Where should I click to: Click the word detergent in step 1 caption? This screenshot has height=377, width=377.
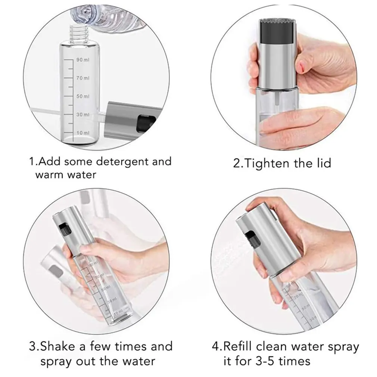pyautogui.click(x=120, y=162)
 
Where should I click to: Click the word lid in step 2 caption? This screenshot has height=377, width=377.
pyautogui.click(x=322, y=163)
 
